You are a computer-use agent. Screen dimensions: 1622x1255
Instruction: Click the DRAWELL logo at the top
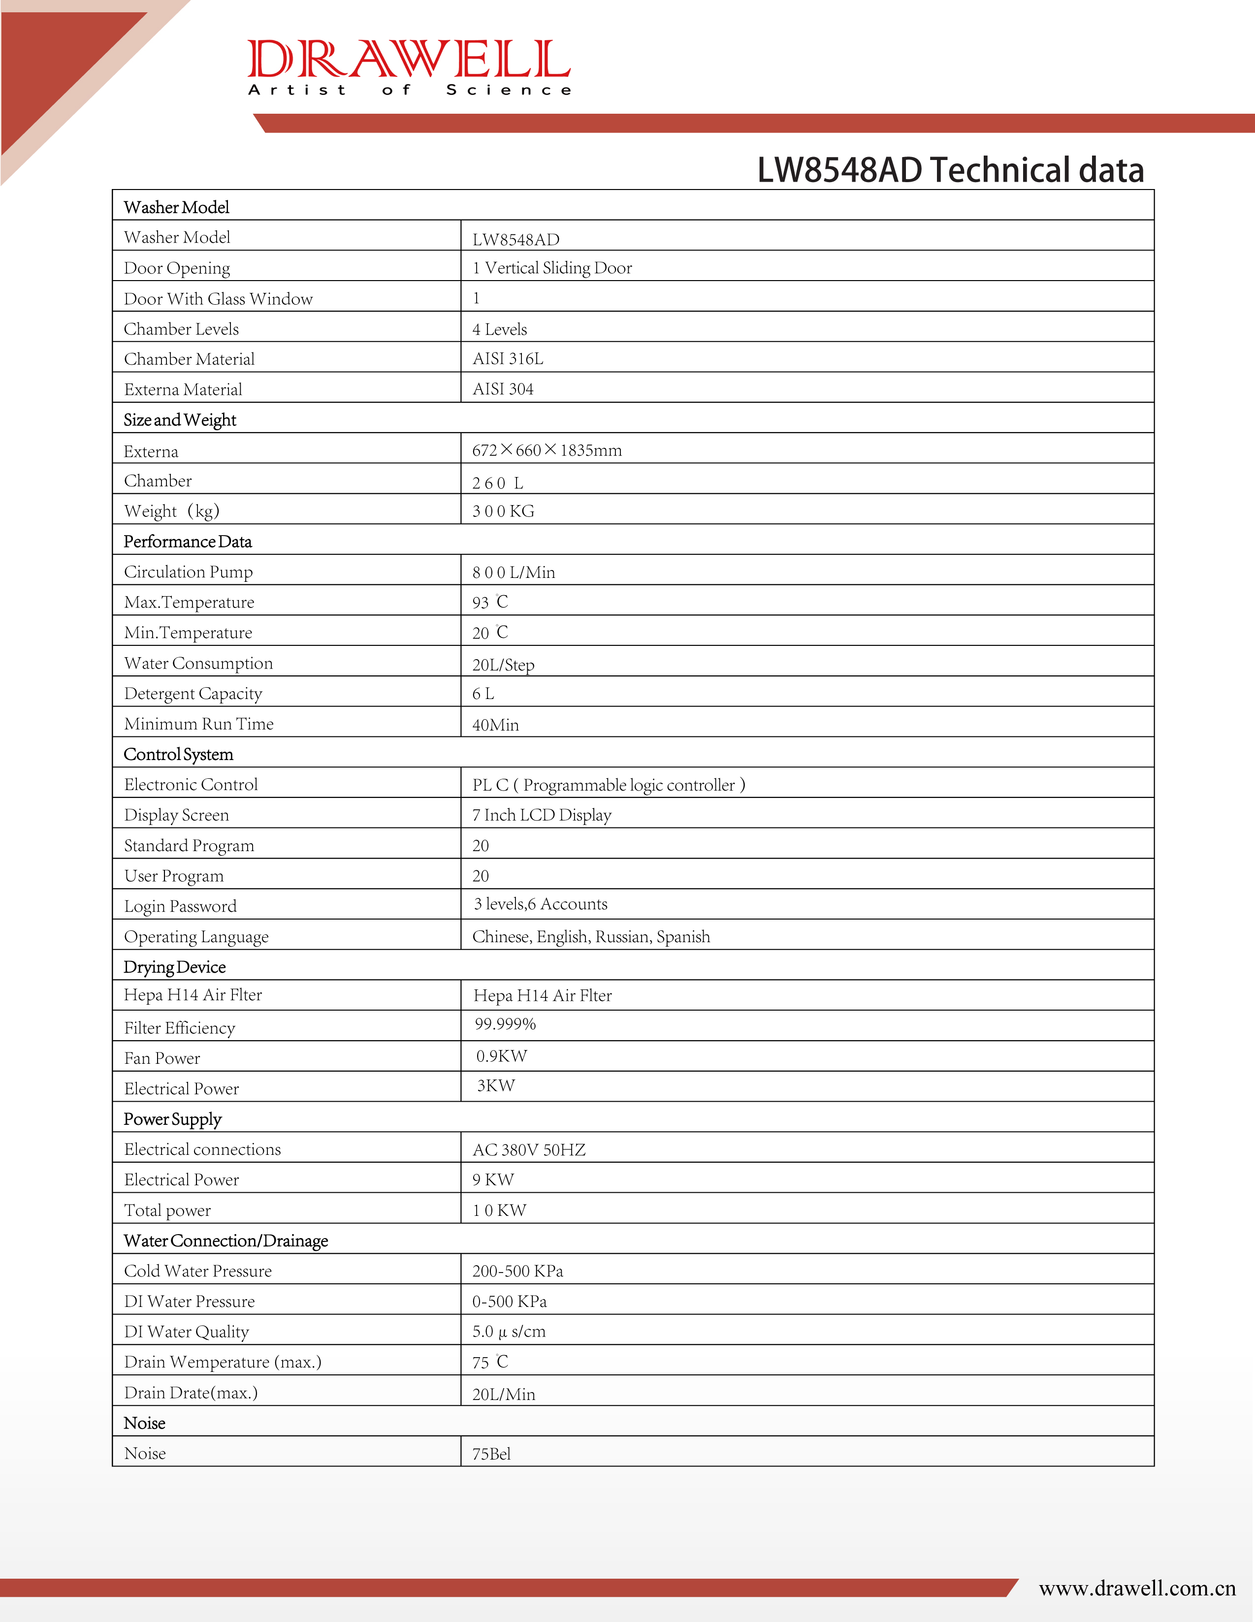click(409, 67)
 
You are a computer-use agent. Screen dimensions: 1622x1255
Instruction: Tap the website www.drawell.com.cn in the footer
click(1136, 1589)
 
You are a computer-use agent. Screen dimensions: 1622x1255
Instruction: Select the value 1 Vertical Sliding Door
click(552, 268)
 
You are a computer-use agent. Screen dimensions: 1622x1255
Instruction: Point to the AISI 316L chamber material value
click(508, 359)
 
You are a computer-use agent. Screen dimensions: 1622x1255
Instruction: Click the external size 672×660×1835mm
click(547, 450)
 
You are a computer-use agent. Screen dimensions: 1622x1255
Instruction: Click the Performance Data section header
click(188, 541)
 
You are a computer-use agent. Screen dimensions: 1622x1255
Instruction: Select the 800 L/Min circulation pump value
click(513, 572)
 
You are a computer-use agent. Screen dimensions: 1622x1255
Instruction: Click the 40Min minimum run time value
click(495, 725)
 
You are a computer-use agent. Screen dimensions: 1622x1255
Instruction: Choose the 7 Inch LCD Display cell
click(542, 815)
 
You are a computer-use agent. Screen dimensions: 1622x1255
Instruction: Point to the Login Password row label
click(181, 906)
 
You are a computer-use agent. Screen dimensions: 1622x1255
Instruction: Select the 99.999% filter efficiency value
click(505, 1024)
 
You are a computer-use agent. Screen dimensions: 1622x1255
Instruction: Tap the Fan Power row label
click(162, 1058)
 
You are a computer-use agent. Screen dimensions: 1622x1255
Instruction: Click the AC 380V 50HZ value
click(529, 1149)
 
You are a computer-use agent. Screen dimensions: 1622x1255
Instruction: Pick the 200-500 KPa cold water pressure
click(517, 1271)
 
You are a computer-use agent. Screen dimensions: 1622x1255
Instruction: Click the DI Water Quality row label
click(187, 1332)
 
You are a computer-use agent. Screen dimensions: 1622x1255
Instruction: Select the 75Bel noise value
click(491, 1454)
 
